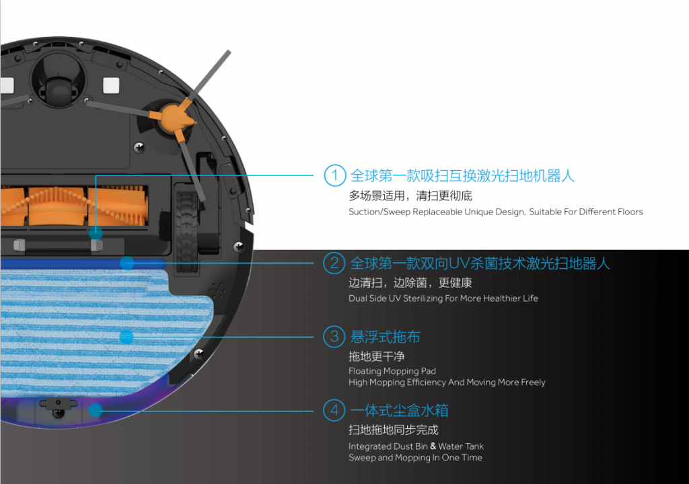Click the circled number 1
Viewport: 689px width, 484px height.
tap(335, 175)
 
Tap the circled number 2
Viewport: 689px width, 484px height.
tap(334, 263)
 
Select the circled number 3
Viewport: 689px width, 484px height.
tap(334, 336)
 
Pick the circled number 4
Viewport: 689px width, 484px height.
tap(334, 410)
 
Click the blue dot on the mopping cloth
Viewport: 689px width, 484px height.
tap(126, 337)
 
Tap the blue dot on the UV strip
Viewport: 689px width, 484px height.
tap(127, 263)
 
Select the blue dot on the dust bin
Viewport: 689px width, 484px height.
tap(96, 410)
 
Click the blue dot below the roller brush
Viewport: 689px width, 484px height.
tap(96, 233)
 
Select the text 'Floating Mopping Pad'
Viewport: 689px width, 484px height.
tap(392, 371)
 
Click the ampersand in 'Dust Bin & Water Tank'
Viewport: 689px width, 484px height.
tap(433, 446)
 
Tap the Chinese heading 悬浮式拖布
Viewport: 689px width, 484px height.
tap(386, 337)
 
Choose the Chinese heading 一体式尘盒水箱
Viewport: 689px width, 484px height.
tap(400, 410)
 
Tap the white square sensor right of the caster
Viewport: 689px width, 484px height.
tap(111, 85)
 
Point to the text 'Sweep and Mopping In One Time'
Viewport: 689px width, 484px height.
tap(415, 458)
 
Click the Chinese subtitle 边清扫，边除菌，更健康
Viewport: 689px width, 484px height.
tap(410, 282)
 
